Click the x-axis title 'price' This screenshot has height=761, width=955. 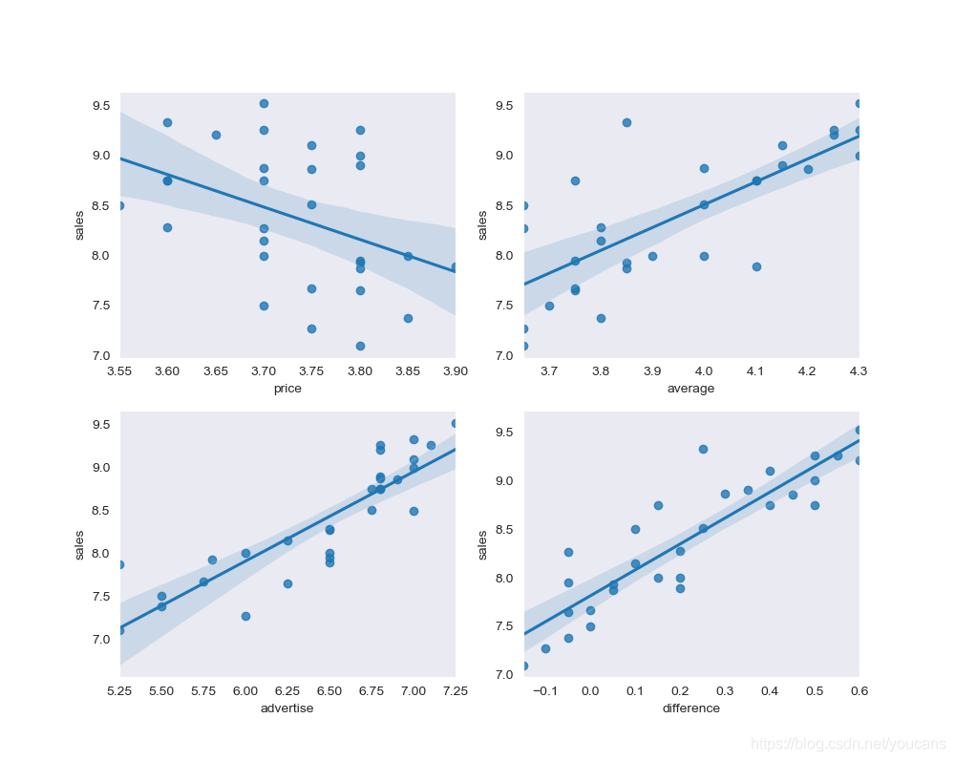tap(287, 389)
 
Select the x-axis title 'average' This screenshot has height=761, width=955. tap(691, 389)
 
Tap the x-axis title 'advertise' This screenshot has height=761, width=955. tap(287, 708)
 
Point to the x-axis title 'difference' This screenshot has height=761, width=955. tap(691, 708)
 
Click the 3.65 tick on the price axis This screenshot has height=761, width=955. tap(216, 370)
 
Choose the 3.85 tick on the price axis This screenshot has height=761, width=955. tap(408, 370)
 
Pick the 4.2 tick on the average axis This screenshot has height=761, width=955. tap(807, 370)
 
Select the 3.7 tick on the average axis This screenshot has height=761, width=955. tap(549, 370)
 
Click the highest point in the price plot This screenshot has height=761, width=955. tap(264, 103)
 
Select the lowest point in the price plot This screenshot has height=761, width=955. tap(360, 346)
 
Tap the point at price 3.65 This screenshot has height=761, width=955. tap(216, 135)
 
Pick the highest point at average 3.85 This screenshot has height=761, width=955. tap(626, 122)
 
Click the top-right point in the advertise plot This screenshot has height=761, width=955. tap(455, 423)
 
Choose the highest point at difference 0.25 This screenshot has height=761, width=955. tap(703, 449)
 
